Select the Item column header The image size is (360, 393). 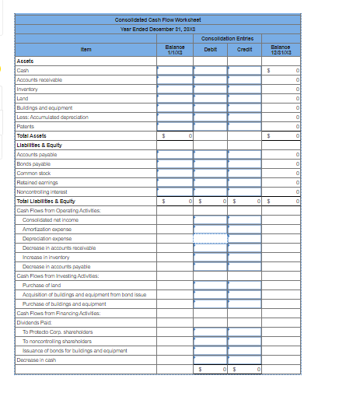86,49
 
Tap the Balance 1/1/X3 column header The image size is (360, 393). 175,49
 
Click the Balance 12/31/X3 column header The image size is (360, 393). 281,49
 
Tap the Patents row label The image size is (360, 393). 26,126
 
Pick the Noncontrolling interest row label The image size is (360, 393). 40,191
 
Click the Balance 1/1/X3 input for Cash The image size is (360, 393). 175,68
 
